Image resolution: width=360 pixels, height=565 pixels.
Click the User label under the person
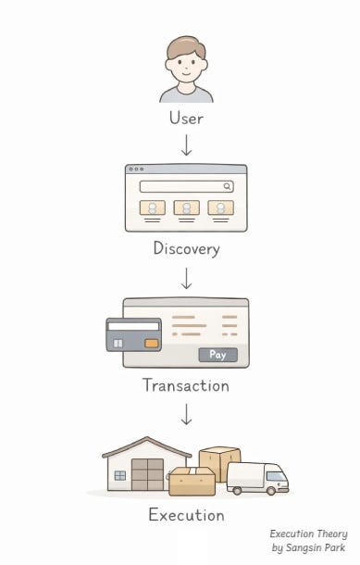pos(186,119)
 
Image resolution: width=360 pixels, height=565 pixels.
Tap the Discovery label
pos(186,248)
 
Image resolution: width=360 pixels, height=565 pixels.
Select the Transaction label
pos(185,383)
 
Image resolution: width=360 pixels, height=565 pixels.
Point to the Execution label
pos(186,514)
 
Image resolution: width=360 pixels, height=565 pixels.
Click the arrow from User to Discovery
pos(186,144)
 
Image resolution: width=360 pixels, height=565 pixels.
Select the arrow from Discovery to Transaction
pos(186,277)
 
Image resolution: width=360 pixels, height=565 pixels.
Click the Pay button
pos(217,355)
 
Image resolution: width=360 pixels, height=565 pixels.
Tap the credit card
pos(133,334)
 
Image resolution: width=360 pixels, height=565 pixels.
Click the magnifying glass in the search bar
pos(226,186)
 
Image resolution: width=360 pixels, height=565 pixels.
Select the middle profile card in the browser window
pos(186,207)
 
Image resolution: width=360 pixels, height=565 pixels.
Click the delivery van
pos(257,478)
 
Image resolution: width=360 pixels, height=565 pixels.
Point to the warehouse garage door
pos(147,473)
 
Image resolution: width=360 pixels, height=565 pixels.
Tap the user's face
pos(186,65)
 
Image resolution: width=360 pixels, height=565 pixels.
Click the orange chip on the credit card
pos(151,343)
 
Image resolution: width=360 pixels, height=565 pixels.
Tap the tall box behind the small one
pos(221,459)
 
